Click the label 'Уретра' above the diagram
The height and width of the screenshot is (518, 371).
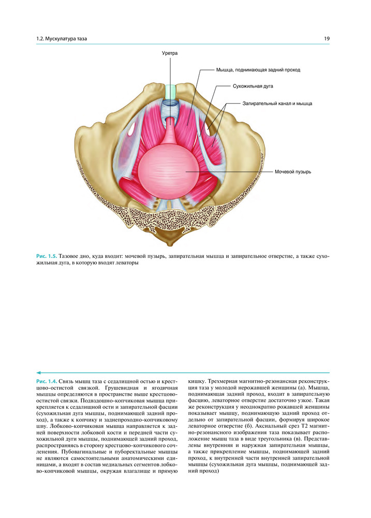[170, 53]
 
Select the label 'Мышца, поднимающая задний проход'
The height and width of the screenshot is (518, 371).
[258, 70]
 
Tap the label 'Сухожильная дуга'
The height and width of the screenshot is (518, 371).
[253, 86]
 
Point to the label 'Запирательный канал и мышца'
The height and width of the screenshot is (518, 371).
[277, 104]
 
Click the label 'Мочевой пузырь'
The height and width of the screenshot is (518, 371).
[293, 172]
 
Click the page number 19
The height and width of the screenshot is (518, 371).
[327, 39]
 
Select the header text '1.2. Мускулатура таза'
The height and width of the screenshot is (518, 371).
[62, 39]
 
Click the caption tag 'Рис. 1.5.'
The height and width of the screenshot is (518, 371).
[47, 256]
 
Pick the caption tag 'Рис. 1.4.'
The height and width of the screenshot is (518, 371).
[47, 381]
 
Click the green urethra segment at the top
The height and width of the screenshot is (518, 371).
[171, 91]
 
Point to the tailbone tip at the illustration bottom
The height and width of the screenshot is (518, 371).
[170, 245]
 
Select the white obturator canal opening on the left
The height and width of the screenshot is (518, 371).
[131, 130]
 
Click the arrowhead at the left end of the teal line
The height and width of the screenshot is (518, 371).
[38, 372]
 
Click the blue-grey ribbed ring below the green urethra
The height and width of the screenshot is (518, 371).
[171, 106]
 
